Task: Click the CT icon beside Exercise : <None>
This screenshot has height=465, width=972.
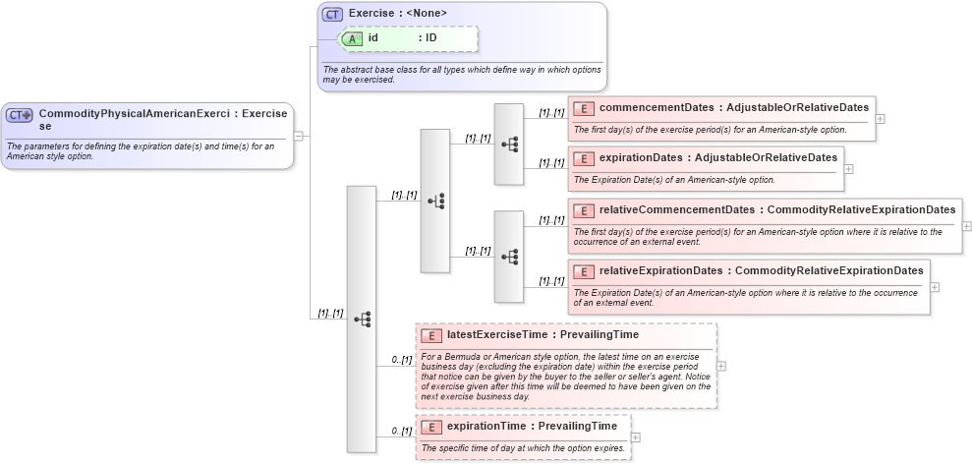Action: (333, 14)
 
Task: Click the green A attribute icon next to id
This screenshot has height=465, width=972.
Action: (353, 38)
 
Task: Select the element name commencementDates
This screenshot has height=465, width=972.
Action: (656, 107)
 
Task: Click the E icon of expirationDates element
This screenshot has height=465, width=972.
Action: (584, 157)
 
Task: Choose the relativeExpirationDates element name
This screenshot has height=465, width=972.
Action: (661, 270)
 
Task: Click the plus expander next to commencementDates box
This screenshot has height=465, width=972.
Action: (880, 119)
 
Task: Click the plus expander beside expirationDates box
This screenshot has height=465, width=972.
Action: (848, 169)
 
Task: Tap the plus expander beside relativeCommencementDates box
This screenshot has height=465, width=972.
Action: (967, 225)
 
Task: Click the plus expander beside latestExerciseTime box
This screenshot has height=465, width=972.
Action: (722, 366)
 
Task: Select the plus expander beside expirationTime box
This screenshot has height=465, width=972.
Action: (636, 437)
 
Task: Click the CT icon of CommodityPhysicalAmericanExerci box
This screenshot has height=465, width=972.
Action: (20, 115)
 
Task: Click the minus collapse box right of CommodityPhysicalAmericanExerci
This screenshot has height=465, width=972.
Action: (298, 136)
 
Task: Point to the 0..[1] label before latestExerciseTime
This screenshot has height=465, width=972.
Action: (401, 360)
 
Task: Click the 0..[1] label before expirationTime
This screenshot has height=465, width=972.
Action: (401, 431)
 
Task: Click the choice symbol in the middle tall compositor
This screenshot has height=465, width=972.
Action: (435, 201)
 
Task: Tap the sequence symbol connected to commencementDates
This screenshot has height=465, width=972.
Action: (509, 144)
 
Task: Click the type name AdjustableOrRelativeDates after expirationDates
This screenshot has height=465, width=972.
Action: (765, 157)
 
